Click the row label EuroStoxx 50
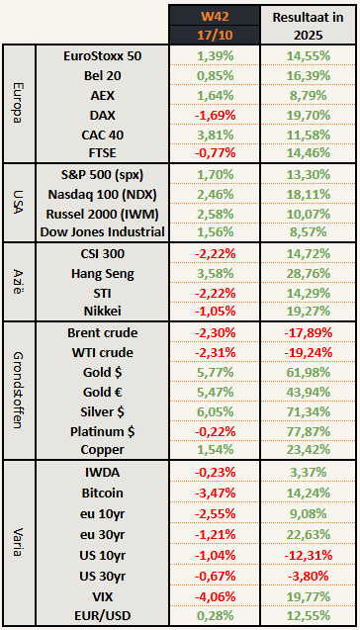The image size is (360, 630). [x=102, y=56]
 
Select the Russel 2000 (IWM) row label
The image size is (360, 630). [x=102, y=213]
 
